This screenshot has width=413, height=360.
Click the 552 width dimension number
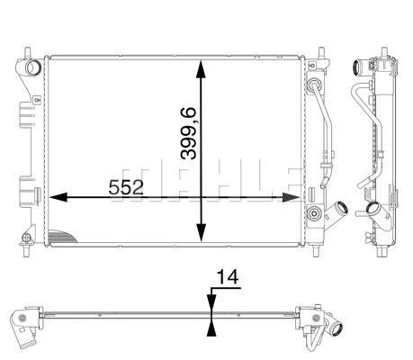pos(126,188)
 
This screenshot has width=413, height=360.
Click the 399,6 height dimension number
pos(188,133)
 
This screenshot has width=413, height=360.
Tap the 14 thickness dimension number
pos(228,276)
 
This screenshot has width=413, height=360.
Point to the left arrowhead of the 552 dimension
pos(58,197)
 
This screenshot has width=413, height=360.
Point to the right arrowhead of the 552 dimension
pos(291,197)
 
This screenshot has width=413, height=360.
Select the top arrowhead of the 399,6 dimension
pos(201,69)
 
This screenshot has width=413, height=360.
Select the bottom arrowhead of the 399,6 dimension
pos(201,232)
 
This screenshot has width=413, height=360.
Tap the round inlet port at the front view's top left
pos(33,67)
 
